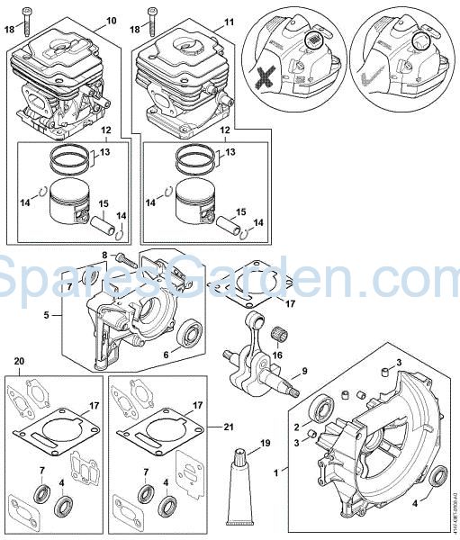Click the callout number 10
112,20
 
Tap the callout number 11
229,20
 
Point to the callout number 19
264,443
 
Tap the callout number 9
305,370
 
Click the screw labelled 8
124,260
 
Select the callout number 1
285,469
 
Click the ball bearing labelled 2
320,413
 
